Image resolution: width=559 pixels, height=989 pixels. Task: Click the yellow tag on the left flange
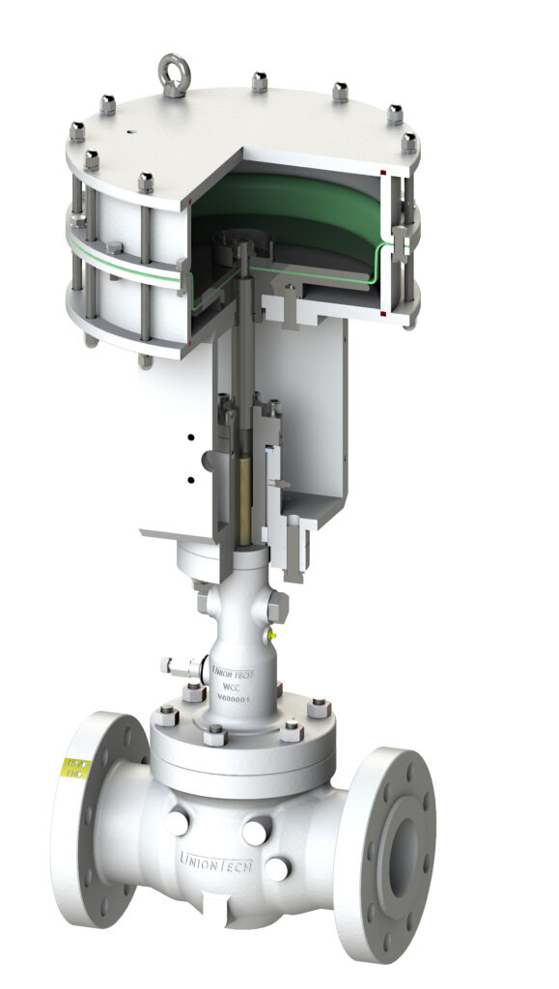73,769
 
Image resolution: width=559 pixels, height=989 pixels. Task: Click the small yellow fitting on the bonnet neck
272,635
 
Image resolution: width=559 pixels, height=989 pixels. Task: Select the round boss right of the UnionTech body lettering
276,868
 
